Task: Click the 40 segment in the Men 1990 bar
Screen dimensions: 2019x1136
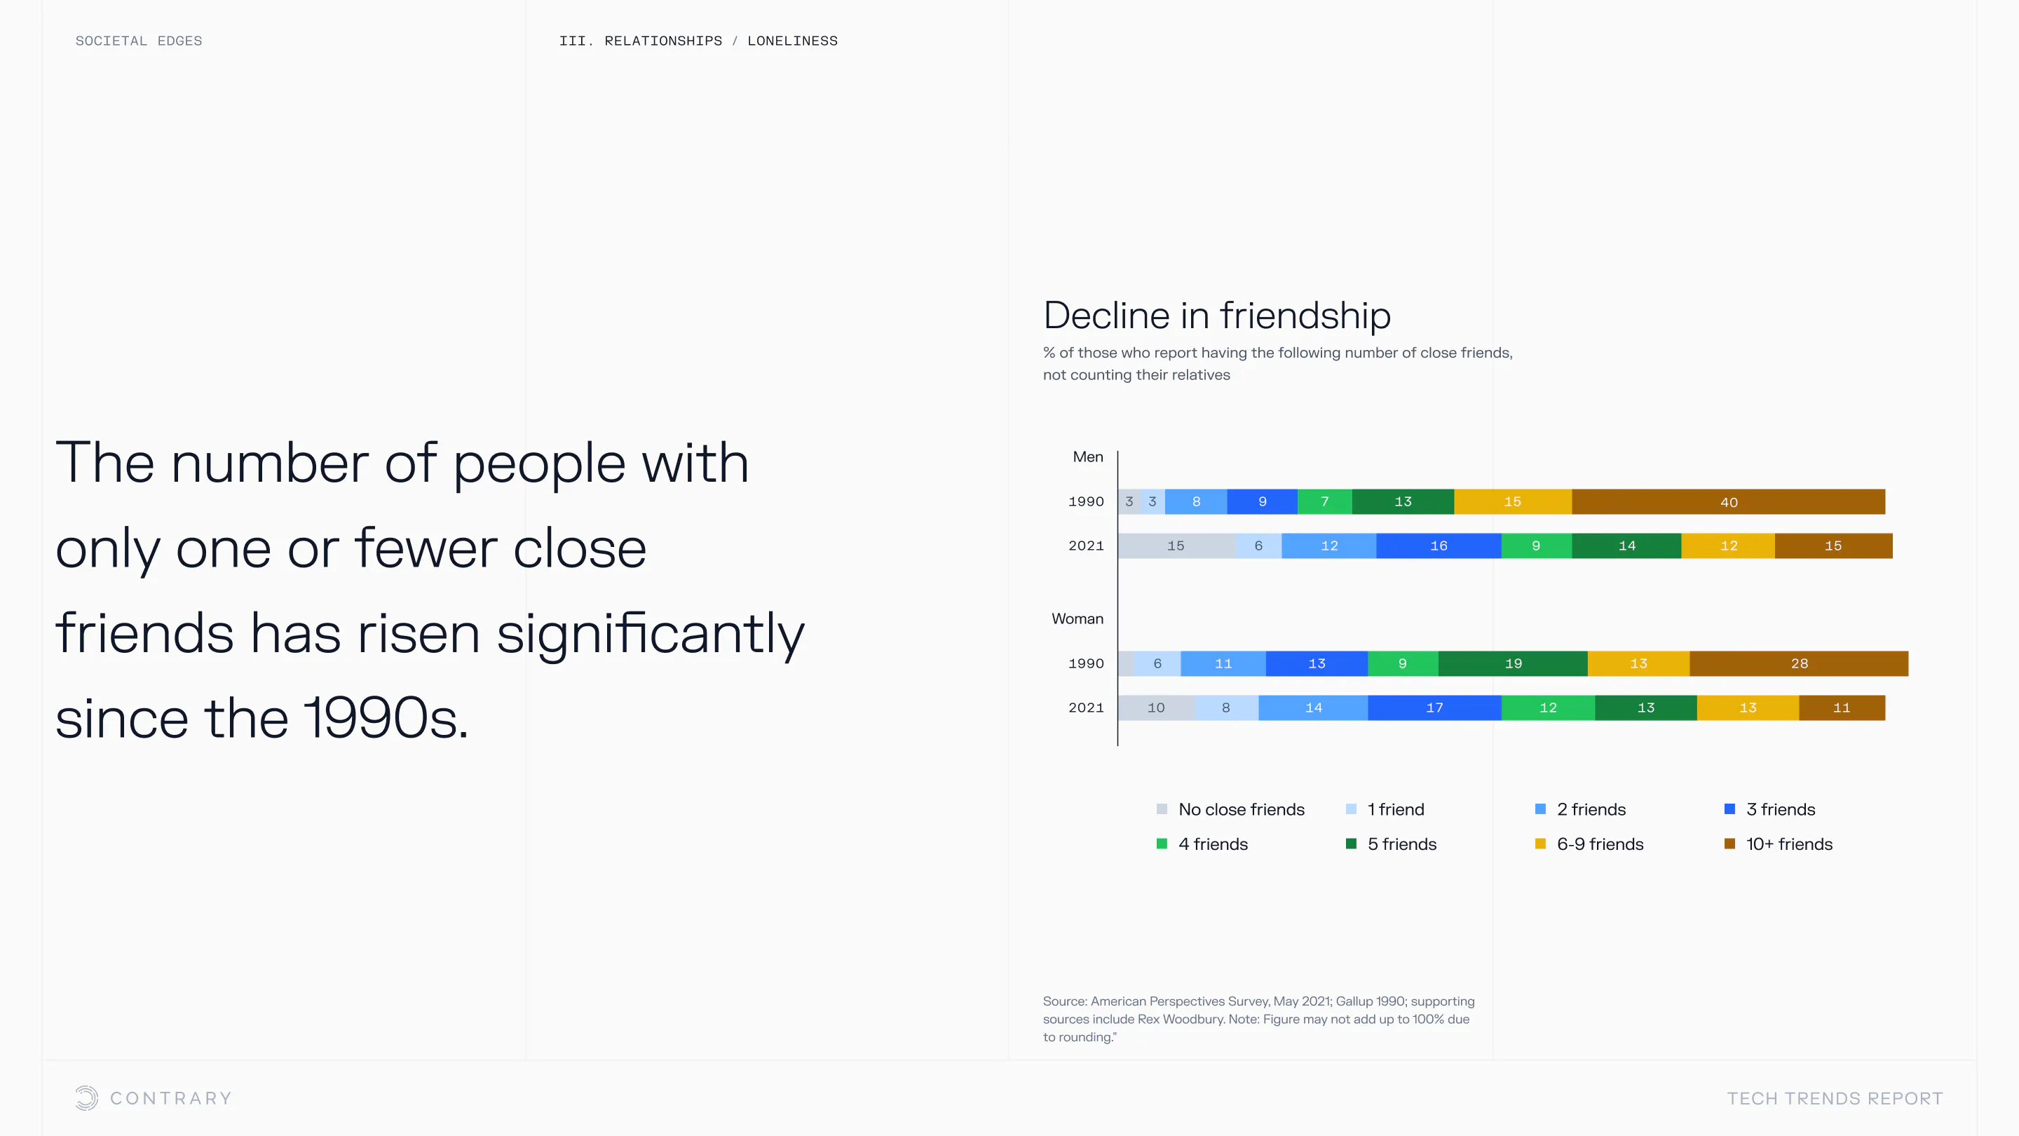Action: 1728,502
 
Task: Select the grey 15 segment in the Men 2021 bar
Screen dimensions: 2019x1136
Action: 1176,546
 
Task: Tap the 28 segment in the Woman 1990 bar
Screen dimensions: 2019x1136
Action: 1799,663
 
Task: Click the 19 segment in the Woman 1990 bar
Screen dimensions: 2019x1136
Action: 1513,663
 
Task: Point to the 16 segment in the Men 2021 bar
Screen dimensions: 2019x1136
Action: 1439,546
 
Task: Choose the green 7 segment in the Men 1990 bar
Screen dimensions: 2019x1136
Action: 1324,502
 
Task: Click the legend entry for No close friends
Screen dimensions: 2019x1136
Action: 1230,809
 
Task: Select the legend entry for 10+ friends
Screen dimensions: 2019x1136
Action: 1779,844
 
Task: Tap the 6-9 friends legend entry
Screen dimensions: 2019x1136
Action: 1589,844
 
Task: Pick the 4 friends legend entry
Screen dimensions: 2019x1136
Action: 1202,844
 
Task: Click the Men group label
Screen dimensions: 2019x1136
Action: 1088,457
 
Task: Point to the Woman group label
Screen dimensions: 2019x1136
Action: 1077,618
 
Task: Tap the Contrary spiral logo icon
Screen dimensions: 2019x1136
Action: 86,1097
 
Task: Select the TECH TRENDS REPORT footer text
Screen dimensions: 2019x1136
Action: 1835,1098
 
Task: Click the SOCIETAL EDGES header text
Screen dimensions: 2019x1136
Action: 139,41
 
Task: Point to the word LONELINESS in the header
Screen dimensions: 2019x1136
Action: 792,41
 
